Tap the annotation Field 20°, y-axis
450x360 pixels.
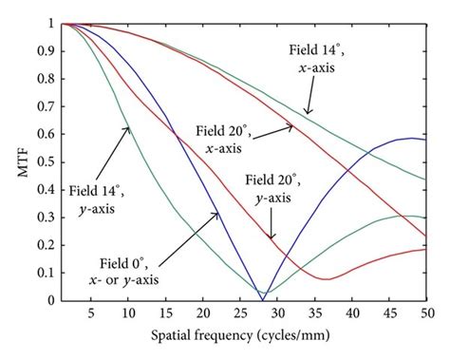[277, 188]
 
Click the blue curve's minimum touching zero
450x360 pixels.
[263, 299]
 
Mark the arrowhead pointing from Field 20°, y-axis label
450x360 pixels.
[272, 237]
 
